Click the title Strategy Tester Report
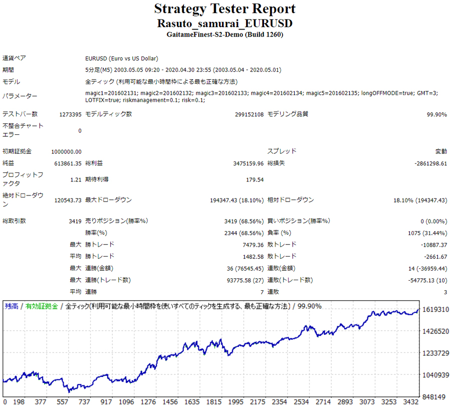point(225,9)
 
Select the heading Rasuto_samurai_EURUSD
point(225,24)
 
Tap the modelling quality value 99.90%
point(436,114)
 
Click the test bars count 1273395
point(70,114)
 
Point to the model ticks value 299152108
point(249,114)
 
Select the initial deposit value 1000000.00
point(66,151)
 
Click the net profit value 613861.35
point(68,163)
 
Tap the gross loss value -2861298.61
point(431,163)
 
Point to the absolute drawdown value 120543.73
point(68,200)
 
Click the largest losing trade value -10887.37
point(433,245)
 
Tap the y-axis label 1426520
point(435,331)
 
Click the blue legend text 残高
point(12,306)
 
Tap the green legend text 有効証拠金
point(42,306)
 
